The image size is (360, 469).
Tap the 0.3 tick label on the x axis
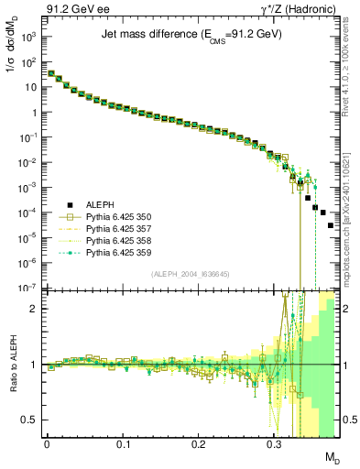(274, 444)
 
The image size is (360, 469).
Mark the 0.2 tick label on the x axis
(199, 444)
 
